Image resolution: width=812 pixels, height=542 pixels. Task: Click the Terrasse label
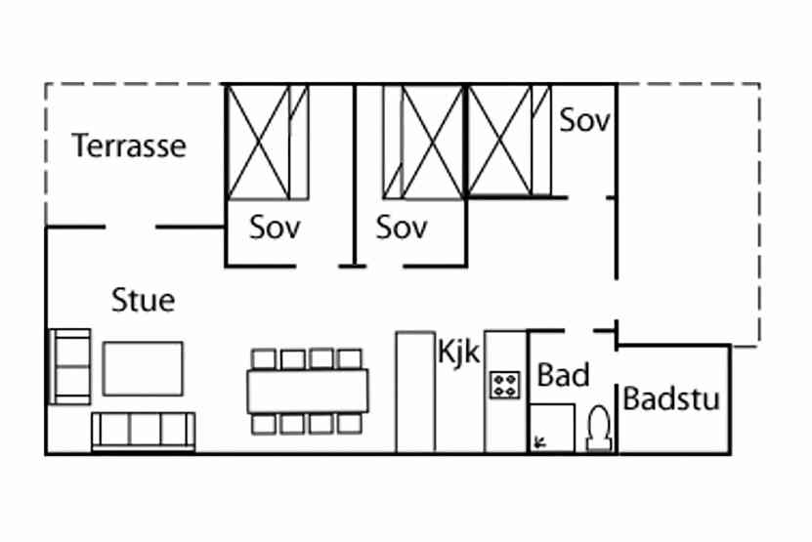[x=129, y=146]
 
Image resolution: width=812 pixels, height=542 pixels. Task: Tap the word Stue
[x=144, y=300]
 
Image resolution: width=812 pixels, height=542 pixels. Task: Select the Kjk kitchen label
[x=459, y=352]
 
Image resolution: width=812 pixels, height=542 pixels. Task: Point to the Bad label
[x=563, y=375]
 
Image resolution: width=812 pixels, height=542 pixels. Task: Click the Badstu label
[x=671, y=399]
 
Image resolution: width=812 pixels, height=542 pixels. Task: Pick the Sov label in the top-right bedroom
[x=584, y=121]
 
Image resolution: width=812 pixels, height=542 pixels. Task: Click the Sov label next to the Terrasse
[x=275, y=228]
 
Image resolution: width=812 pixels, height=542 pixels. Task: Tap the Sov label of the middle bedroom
[x=402, y=228]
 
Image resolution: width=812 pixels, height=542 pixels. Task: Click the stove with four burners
[x=504, y=384]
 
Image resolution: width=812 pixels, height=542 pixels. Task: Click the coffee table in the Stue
[x=143, y=368]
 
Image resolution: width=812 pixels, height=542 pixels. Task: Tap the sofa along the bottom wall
[x=143, y=431]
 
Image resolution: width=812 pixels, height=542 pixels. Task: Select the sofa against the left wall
[x=69, y=366]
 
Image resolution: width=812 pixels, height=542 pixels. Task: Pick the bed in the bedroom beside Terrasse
[x=260, y=142]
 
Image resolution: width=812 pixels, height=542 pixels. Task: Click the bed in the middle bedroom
[x=423, y=142]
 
